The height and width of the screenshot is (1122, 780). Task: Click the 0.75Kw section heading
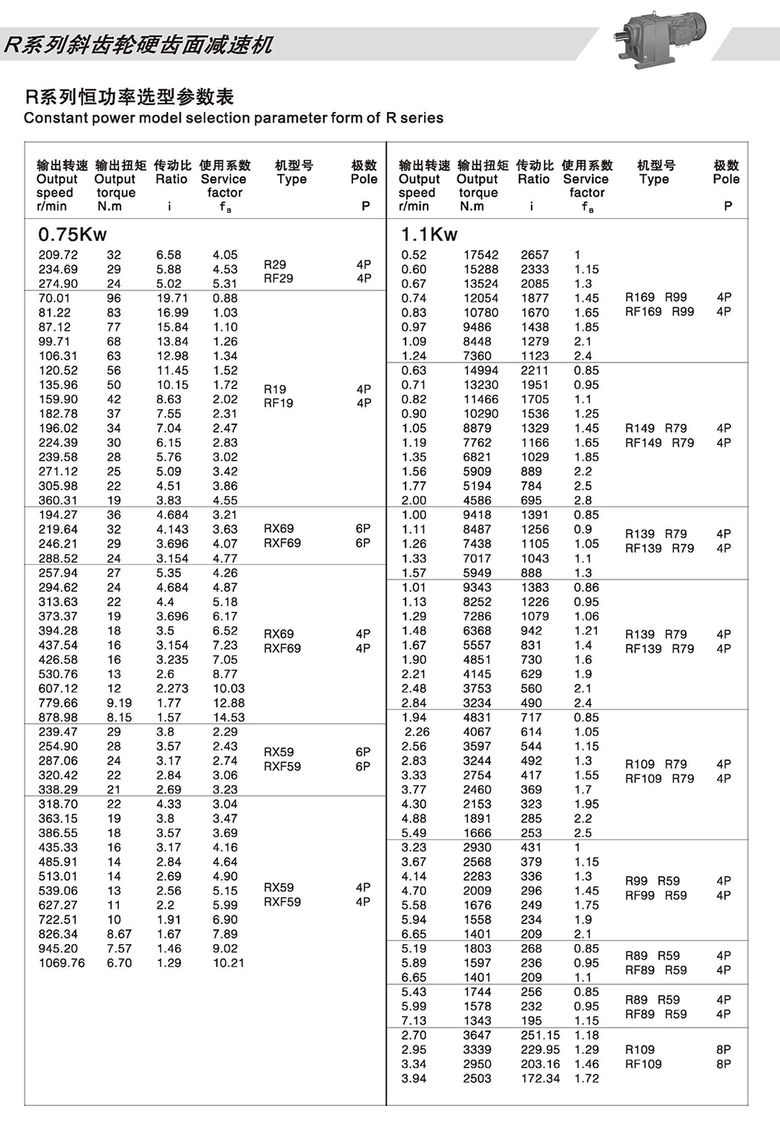tap(72, 235)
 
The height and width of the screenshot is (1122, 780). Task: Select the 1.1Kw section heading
tap(429, 235)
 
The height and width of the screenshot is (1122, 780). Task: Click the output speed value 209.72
tap(58, 255)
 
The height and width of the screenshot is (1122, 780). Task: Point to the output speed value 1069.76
tap(62, 963)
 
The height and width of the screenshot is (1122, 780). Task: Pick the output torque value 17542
tap(481, 255)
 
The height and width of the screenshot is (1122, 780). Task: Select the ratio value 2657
tap(535, 255)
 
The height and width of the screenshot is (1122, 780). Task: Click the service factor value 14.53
tap(228, 717)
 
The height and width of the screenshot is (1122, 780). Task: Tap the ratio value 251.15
tap(540, 1036)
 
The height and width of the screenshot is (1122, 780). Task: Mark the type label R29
tap(275, 264)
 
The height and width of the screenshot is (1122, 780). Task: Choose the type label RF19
tap(278, 403)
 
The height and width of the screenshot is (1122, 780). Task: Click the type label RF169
tap(643, 312)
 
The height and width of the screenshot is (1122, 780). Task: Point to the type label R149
tap(640, 428)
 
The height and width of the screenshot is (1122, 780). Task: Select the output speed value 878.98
tap(58, 717)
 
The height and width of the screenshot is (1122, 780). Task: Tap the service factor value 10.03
tap(228, 689)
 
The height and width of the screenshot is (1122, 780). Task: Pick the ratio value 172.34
tap(540, 1079)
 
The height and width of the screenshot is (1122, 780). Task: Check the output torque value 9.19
tap(119, 703)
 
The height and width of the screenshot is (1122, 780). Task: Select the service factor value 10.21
tap(228, 963)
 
